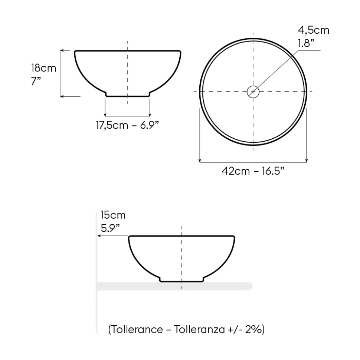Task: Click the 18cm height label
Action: (x=44, y=68)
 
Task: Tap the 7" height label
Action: (x=36, y=81)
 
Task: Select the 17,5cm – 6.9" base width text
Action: (x=127, y=125)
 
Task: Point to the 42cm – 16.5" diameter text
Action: (x=253, y=171)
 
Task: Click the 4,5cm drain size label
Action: (x=314, y=30)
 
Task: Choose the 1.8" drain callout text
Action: (x=306, y=43)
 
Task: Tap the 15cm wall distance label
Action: (x=113, y=215)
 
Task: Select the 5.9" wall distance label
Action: (x=110, y=228)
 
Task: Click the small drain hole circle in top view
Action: (x=253, y=86)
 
